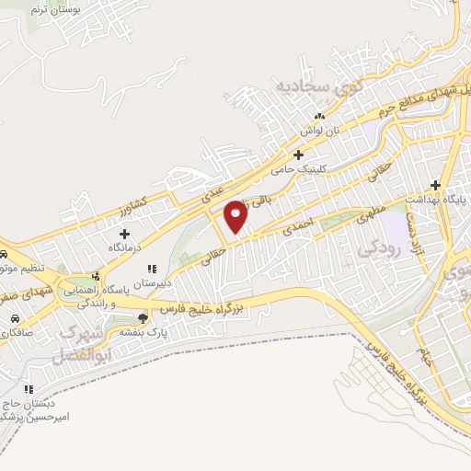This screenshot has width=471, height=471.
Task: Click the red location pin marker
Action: (x=236, y=216)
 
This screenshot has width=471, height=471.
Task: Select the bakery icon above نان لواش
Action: (x=319, y=116)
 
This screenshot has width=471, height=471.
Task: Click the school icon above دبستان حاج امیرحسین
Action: (x=29, y=389)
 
